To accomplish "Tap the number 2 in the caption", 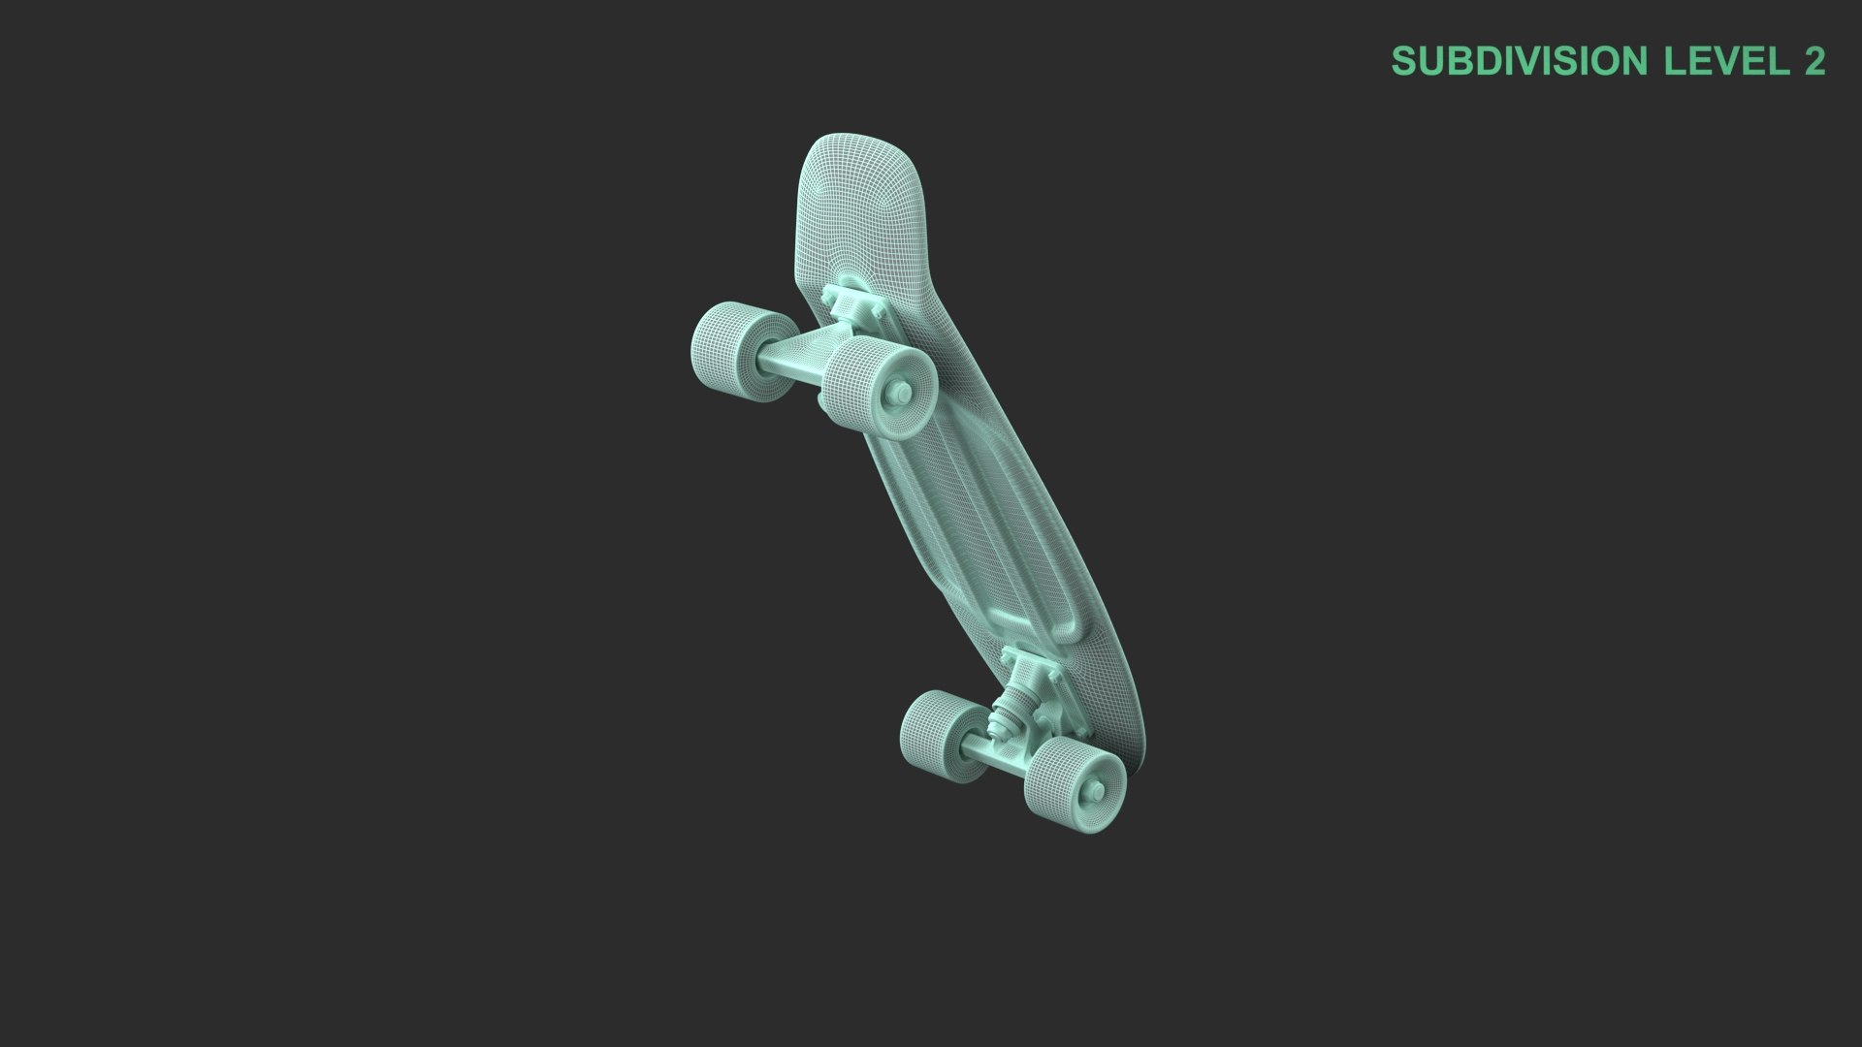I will point(1814,61).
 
